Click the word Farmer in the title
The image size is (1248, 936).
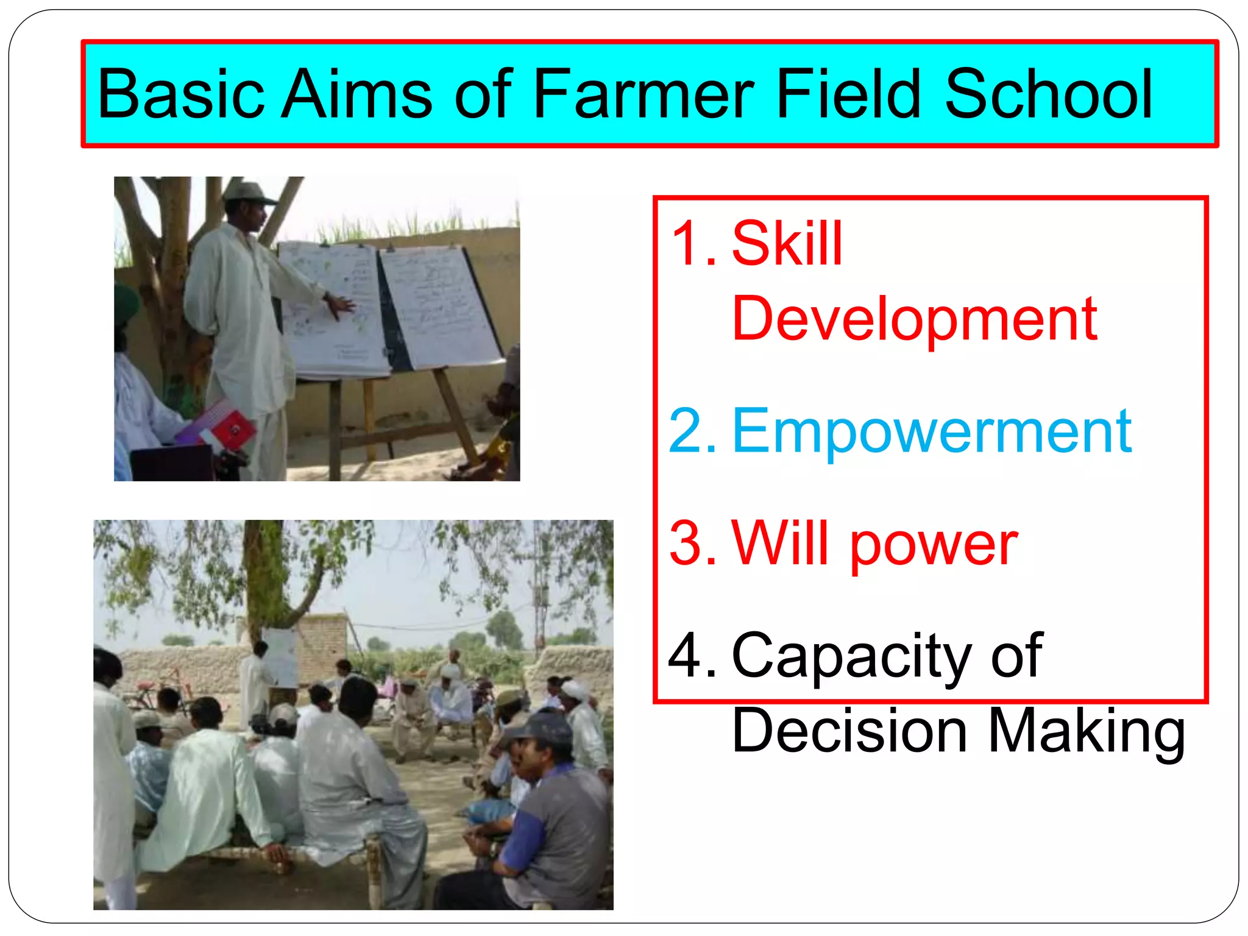643,94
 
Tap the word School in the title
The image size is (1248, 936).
1048,94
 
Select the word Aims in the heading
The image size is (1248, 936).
356,94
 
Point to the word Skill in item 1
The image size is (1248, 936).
787,244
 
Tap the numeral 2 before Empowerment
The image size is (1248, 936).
686,431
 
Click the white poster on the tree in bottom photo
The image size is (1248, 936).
280,655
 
